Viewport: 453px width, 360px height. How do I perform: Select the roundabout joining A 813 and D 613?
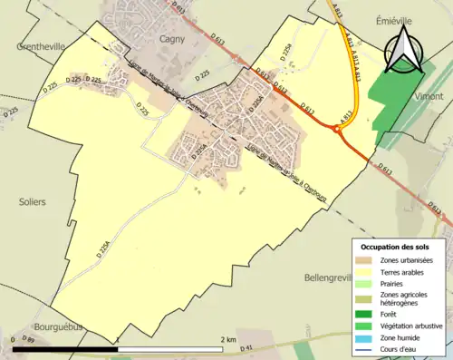coord(337,132)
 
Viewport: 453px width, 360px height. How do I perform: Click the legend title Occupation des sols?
coord(396,247)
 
